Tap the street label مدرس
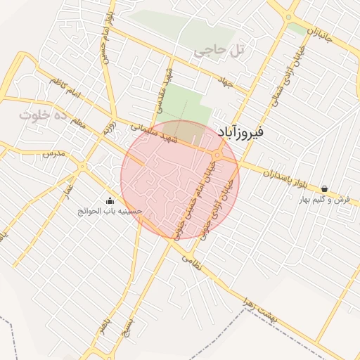53,153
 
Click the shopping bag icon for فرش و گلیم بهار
324,189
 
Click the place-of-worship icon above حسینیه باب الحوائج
110,200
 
